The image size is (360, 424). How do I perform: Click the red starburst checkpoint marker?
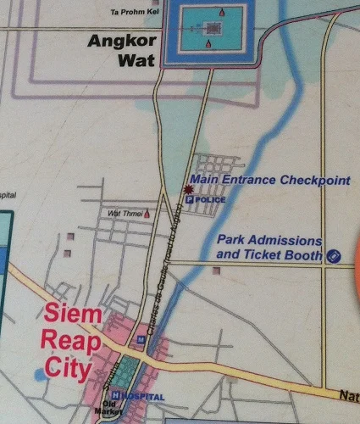pyautogui.click(x=188, y=189)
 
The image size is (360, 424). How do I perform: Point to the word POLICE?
pyautogui.click(x=211, y=199)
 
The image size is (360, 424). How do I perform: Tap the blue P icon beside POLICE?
pyautogui.click(x=191, y=200)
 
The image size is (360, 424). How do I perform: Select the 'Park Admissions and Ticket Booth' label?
pyautogui.click(x=269, y=247)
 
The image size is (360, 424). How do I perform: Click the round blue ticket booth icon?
pyautogui.click(x=335, y=254)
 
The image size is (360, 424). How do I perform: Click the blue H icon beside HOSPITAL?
pyautogui.click(x=124, y=397)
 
